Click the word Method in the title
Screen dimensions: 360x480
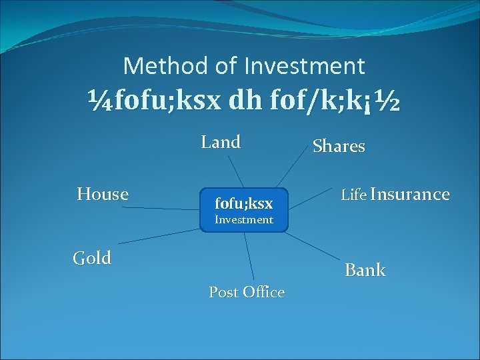tap(165, 65)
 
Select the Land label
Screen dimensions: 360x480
tap(221, 142)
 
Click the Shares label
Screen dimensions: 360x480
tap(339, 146)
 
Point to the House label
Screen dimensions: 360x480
tap(103, 194)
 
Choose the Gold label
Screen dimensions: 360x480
tap(92, 258)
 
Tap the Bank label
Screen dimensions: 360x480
tap(365, 270)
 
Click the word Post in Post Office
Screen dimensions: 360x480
tap(224, 292)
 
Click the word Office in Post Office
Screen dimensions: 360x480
tap(264, 292)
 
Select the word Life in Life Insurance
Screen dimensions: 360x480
tap(353, 195)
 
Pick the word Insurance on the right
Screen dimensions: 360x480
tap(410, 194)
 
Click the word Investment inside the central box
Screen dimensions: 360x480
tap(243, 219)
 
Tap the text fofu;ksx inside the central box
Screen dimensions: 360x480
tap(243, 202)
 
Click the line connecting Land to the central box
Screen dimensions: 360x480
tap(235, 171)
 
